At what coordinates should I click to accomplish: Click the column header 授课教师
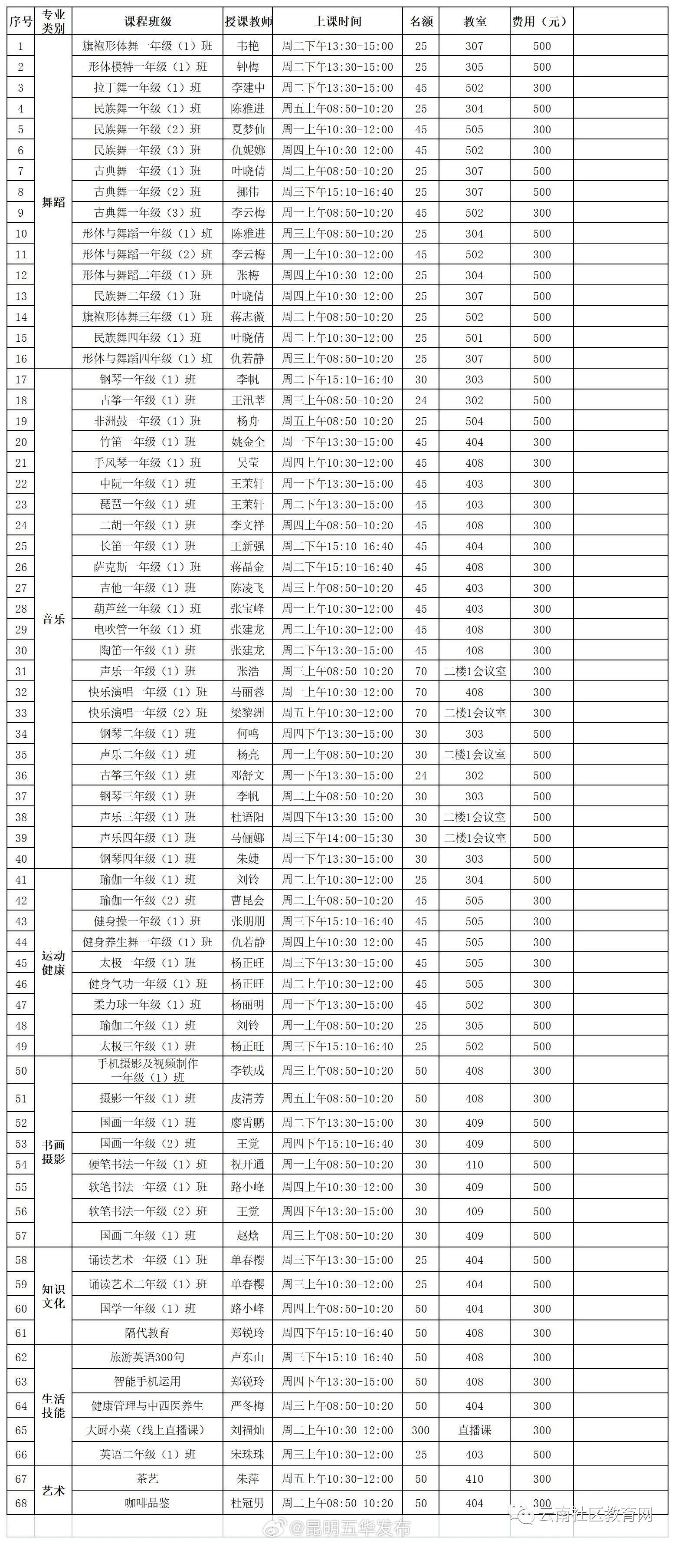(x=248, y=22)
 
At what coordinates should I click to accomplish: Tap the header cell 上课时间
(x=338, y=22)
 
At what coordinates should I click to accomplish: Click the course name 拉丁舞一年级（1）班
(x=147, y=88)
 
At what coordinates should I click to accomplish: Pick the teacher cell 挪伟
(x=248, y=192)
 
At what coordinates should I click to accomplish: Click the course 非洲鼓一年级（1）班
(x=147, y=421)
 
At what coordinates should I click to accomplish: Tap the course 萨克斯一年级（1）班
(x=147, y=567)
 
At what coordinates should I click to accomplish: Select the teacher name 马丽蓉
(x=248, y=692)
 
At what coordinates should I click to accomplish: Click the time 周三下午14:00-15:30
(x=338, y=838)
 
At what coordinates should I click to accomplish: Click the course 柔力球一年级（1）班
(x=147, y=1005)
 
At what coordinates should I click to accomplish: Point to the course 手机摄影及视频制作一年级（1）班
(x=147, y=1070)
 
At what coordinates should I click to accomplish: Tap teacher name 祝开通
(x=248, y=1165)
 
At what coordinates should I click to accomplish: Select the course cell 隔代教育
(x=147, y=1333)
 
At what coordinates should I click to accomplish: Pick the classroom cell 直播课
(x=474, y=1430)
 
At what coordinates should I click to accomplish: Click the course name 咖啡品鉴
(x=147, y=1503)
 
